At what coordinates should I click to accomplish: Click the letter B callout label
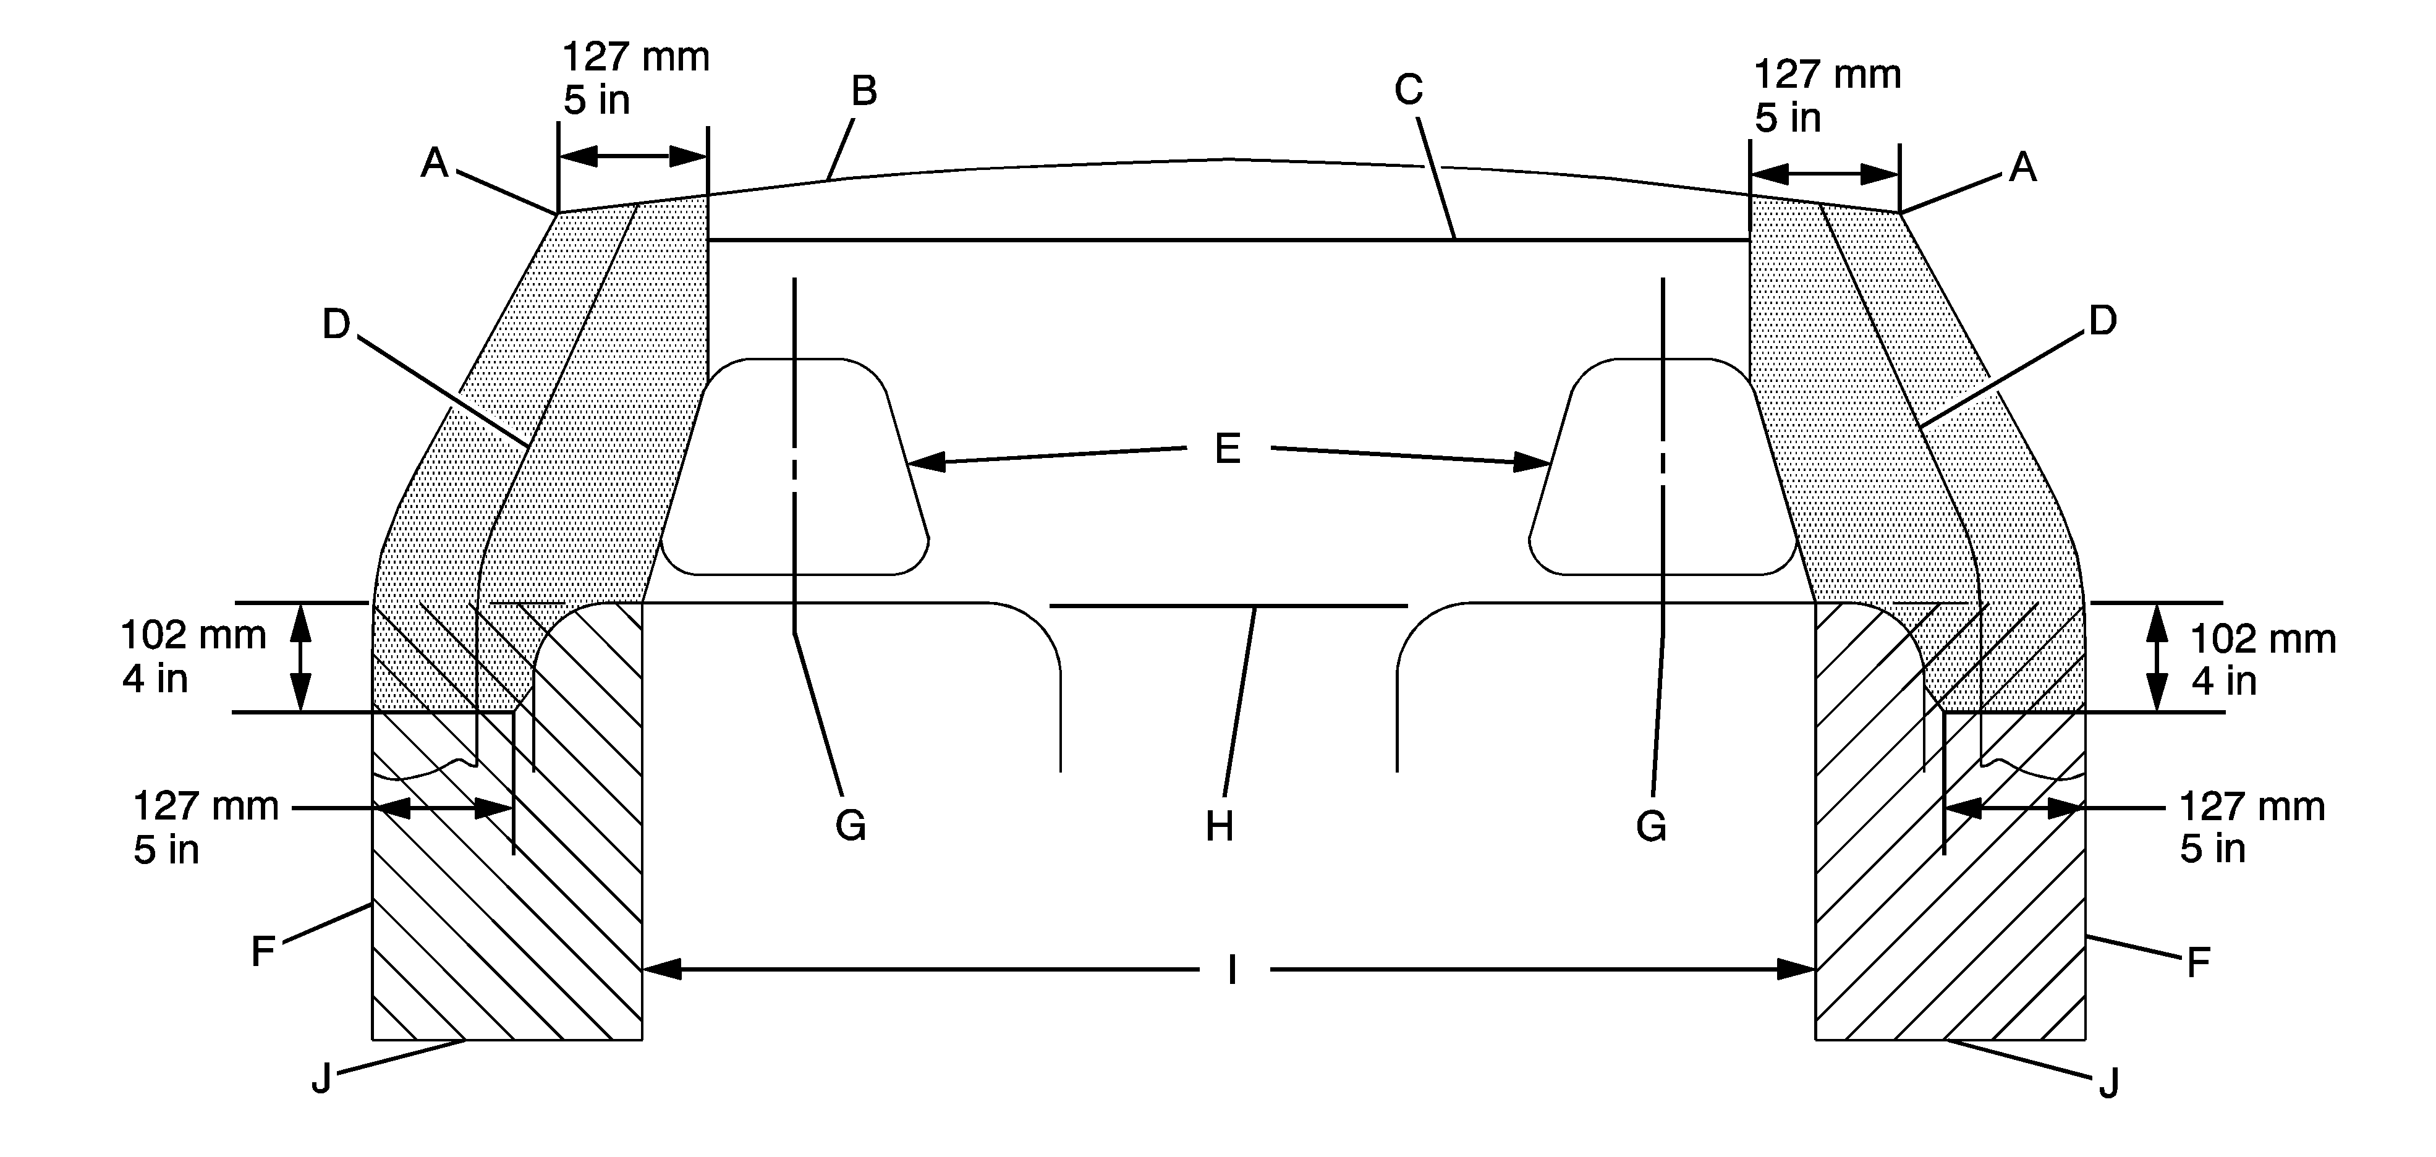click(864, 91)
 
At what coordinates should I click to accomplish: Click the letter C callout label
click(1408, 90)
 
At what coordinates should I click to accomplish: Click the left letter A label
click(434, 164)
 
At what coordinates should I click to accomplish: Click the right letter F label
click(2197, 963)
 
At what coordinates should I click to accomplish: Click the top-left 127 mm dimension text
click(635, 57)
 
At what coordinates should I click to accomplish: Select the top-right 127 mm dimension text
click(1827, 75)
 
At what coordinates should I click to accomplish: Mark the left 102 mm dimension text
click(193, 635)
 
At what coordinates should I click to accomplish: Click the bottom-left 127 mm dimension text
click(205, 807)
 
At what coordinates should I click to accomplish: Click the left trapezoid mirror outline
click(794, 468)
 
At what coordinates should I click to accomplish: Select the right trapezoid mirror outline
click(1663, 468)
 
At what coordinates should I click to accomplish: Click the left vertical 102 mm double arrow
click(300, 657)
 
